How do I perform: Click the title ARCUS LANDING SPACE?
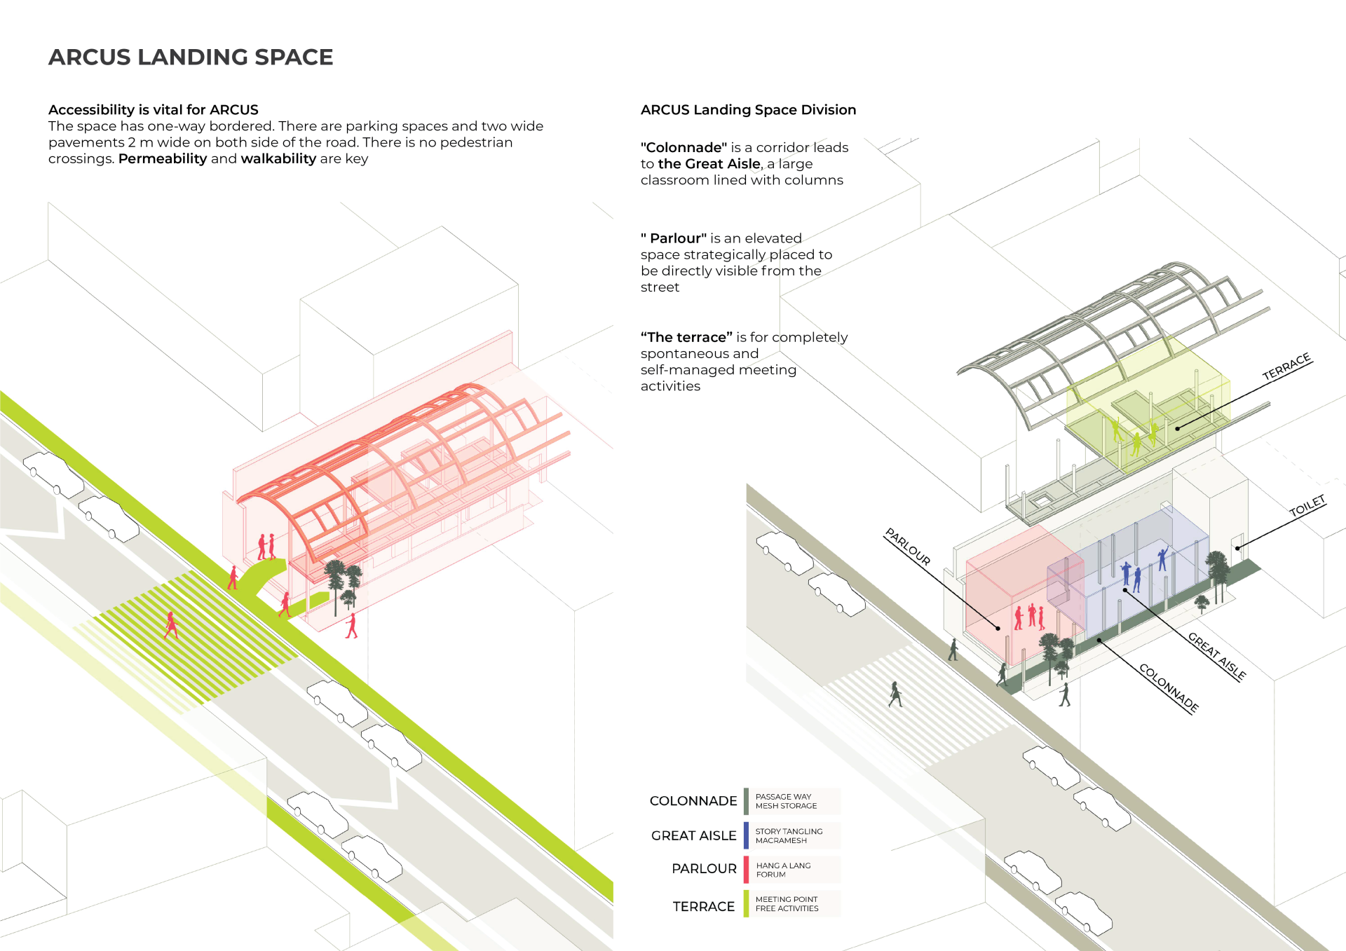[x=191, y=57]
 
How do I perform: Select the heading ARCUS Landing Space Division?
[x=748, y=110]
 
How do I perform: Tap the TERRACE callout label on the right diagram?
[x=1286, y=367]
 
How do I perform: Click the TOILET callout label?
[x=1307, y=506]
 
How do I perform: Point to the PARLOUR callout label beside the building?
[x=908, y=547]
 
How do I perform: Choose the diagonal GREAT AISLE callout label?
[x=1217, y=656]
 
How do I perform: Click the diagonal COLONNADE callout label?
[x=1169, y=688]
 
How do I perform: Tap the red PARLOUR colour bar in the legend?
[x=747, y=870]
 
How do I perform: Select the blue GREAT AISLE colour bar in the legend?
[x=747, y=835]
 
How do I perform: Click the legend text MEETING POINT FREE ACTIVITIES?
[x=787, y=904]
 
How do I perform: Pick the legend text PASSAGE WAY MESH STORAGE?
[x=786, y=801]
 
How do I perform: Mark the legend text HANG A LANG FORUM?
[x=783, y=870]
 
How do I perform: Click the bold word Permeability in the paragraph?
[x=163, y=159]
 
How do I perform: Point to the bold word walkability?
[x=278, y=159]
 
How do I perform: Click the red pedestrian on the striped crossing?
[x=171, y=624]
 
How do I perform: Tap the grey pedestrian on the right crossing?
[x=895, y=694]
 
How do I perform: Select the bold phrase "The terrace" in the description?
[x=686, y=338]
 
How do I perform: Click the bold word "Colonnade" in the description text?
[x=684, y=148]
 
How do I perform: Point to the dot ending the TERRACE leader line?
[x=1178, y=428]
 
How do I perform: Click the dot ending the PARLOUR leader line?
[x=998, y=628]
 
